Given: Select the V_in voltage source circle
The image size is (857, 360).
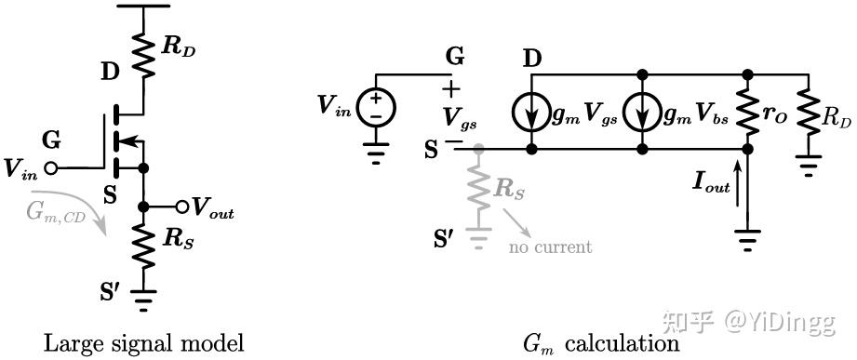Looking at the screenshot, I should pos(377,109).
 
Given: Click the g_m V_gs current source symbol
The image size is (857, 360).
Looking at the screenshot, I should pos(531,113).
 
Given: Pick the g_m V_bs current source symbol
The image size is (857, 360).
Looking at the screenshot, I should pos(643,113).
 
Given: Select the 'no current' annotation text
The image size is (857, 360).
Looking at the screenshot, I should pos(550,247).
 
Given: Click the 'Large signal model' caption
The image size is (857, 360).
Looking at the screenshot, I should pos(143,343).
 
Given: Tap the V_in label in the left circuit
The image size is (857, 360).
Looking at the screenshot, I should pos(20,168).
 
